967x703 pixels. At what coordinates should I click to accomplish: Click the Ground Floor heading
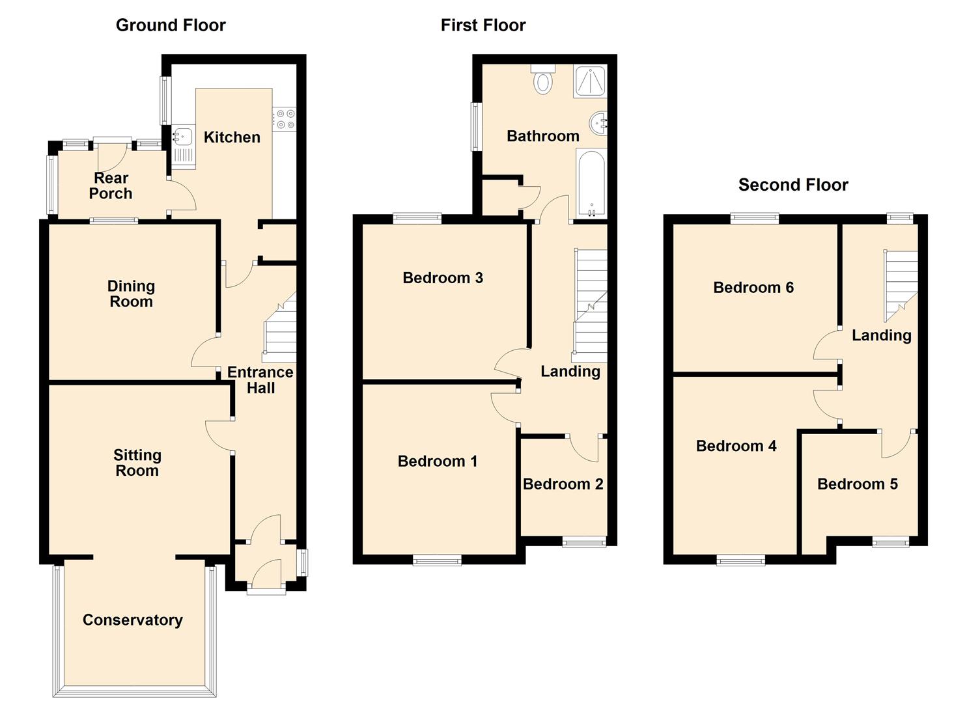pos(171,25)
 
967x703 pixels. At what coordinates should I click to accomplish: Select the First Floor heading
pos(483,25)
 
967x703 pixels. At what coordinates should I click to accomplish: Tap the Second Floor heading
pos(792,185)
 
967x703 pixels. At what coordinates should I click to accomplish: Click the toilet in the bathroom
pos(542,81)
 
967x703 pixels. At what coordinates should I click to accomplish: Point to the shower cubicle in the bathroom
pos(589,81)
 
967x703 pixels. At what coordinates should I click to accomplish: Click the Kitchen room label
pos(232,137)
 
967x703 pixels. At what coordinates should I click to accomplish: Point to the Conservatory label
pos(132,620)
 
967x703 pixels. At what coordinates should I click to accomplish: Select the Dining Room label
pos(131,294)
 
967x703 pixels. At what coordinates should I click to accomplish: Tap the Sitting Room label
pos(137,463)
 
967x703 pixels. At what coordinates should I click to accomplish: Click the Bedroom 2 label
pos(563,484)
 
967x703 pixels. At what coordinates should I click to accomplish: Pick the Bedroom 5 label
pos(857,484)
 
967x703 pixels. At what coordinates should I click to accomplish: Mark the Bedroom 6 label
pos(753,288)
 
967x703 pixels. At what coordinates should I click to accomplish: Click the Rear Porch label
pos(111,186)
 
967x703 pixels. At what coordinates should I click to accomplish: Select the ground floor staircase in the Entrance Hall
pos(280,332)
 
